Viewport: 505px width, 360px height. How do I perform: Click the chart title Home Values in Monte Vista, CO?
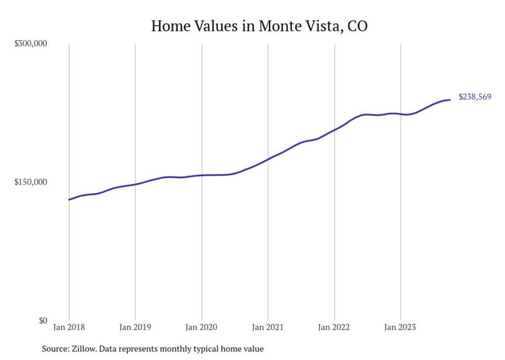(x=259, y=26)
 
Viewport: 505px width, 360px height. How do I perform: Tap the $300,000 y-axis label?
(x=30, y=43)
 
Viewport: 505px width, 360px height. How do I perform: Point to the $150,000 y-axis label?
(x=30, y=182)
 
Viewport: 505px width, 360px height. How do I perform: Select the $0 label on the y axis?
(x=42, y=320)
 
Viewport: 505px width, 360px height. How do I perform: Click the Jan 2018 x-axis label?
(x=69, y=327)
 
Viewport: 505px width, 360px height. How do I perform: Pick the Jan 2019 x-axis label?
(x=135, y=327)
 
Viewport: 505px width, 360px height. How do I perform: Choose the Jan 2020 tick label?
(x=201, y=327)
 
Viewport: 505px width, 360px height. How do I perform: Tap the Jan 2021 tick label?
(x=268, y=327)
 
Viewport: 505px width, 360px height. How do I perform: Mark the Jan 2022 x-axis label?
(x=334, y=327)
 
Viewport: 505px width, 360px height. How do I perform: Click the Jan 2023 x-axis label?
(x=400, y=327)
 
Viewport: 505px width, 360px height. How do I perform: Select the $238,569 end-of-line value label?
(x=475, y=97)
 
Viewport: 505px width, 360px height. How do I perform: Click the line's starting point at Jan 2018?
(x=69, y=199)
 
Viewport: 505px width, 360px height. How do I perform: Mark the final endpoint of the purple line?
(x=450, y=99)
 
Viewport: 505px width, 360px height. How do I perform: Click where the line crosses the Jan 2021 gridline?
(x=268, y=159)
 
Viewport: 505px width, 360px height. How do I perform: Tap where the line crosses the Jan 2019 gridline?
(x=135, y=184)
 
